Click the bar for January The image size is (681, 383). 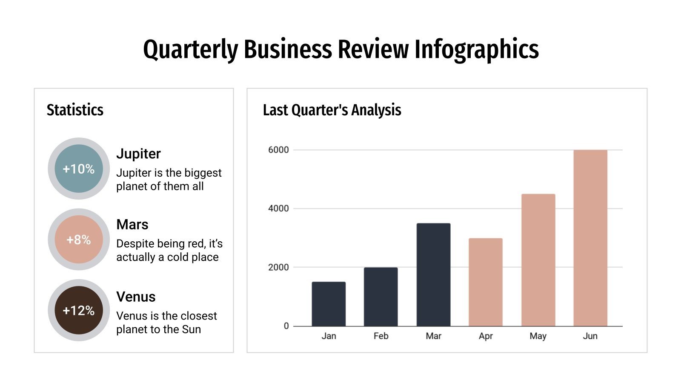coord(329,304)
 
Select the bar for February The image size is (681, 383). coord(381,297)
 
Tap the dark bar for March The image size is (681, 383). coord(433,274)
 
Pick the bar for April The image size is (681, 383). coord(486,282)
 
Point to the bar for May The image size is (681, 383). coord(538,260)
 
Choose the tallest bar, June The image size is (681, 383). coord(590,238)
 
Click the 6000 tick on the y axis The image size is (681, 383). coord(278,150)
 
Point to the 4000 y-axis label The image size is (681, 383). coord(278,209)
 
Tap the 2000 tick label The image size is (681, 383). coord(278,267)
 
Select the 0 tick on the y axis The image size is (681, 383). coord(286,326)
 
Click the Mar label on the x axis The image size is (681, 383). coord(433,336)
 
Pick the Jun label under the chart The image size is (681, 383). coord(590,336)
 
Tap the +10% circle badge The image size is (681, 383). coord(79,169)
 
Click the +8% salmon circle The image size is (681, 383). coord(79,240)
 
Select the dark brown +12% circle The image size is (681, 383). coord(79,311)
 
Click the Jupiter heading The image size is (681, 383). coord(138,154)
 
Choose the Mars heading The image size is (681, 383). coord(132,224)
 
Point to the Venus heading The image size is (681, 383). coord(136,297)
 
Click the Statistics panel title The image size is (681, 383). coord(75,110)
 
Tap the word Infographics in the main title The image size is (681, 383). coord(477,49)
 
